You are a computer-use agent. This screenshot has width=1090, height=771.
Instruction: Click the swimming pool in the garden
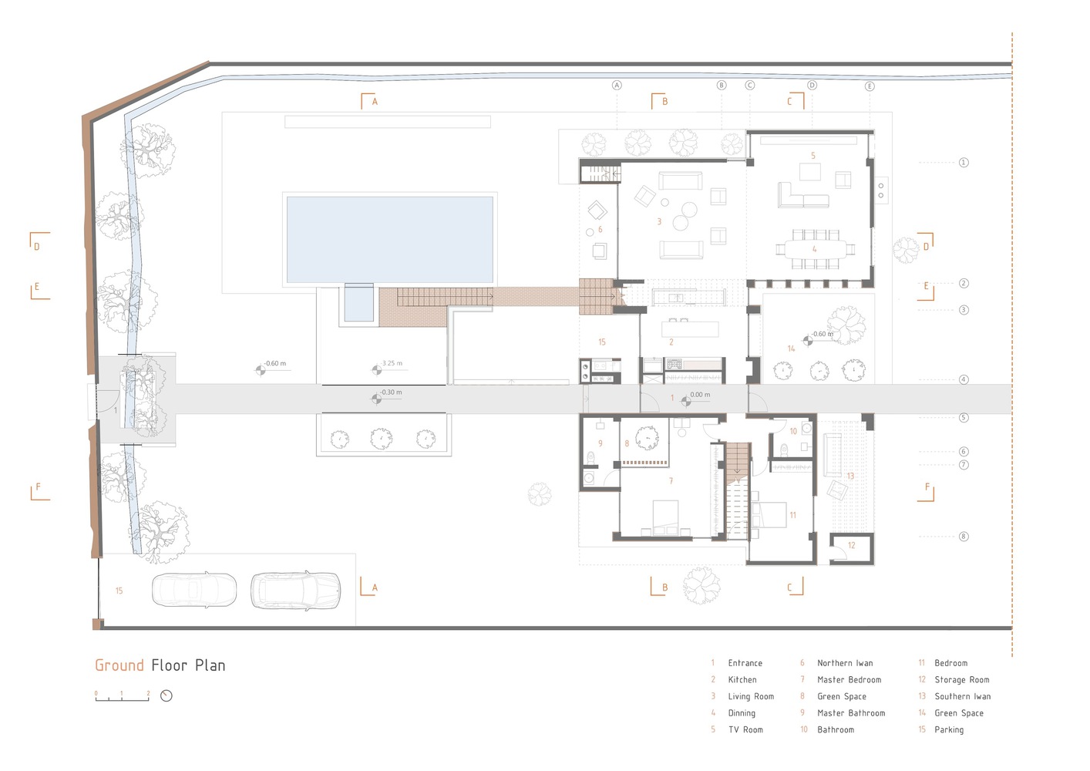389,240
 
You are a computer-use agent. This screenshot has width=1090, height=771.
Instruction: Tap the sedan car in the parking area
194,590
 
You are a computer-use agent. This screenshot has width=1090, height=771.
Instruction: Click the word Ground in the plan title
119,665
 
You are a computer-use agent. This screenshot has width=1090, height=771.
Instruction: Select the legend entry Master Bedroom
849,679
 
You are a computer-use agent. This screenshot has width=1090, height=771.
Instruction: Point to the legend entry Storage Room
961,679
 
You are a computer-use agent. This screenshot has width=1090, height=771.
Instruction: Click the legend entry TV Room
745,729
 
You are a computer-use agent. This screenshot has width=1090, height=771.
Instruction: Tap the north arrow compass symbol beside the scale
167,695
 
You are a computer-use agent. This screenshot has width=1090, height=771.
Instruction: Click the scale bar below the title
122,696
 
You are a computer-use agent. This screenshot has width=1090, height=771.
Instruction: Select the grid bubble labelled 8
964,537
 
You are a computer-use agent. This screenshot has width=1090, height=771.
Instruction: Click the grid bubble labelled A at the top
617,85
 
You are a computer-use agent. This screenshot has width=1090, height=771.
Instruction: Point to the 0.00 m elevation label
700,395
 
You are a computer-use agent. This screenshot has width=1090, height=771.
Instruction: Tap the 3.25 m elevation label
392,363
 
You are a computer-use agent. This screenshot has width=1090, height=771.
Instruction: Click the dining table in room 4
815,249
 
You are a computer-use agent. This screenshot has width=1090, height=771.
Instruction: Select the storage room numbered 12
852,548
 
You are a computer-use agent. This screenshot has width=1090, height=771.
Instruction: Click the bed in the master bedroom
666,518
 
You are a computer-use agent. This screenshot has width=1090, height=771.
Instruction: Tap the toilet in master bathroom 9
590,457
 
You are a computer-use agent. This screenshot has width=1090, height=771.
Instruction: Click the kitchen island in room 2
690,329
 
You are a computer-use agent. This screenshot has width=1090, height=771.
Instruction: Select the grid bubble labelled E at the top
870,86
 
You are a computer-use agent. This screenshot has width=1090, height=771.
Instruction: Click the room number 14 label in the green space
791,348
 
